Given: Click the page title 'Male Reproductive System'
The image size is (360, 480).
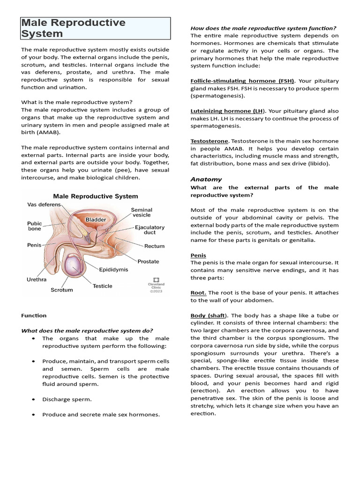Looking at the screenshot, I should [74, 28].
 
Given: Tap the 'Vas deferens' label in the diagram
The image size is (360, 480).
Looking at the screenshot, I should [44, 204].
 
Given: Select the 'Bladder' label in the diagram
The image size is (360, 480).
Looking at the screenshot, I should [95, 219].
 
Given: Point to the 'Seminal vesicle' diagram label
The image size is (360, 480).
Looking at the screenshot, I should [141, 212].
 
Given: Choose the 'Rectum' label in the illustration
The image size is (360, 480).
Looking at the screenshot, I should [154, 246].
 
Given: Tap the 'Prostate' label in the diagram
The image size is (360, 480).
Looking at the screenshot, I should [148, 261].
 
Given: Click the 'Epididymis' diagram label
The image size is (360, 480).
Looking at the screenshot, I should [113, 270].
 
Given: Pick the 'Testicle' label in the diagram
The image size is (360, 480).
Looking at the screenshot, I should [102, 285].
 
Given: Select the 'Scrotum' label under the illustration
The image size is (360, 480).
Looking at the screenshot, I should [62, 290].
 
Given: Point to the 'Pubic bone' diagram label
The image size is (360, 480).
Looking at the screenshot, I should [34, 226].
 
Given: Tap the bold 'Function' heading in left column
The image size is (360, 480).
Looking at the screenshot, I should [34, 315].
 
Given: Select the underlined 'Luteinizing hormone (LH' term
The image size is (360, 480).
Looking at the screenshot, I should [226, 111].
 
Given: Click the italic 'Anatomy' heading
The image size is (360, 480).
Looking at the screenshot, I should [206, 179].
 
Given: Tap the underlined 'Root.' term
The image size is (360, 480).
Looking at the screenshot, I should [198, 292].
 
